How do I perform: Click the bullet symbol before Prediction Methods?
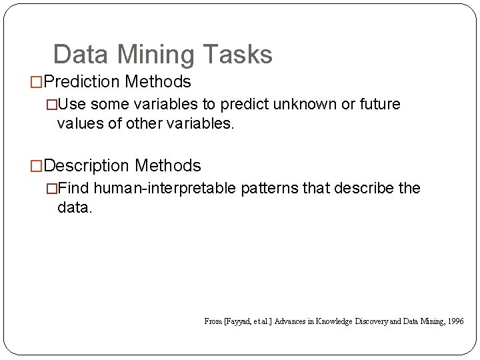pos(37,83)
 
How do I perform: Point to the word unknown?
pos(296,104)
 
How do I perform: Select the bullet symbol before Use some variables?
pos(52,105)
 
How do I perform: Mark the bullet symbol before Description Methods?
pos(37,166)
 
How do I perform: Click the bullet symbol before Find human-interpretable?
pos(52,189)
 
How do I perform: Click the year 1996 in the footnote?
pos(456,321)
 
